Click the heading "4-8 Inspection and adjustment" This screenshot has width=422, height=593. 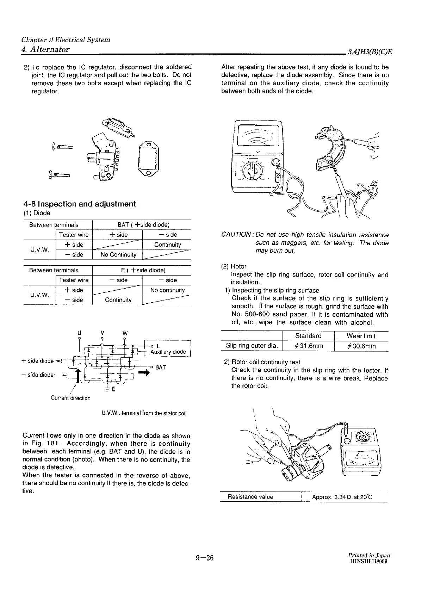pyautogui.click(x=79, y=204)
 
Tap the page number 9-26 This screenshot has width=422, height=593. pyautogui.click(x=205, y=558)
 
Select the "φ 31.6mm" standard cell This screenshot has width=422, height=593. pyautogui.click(x=309, y=346)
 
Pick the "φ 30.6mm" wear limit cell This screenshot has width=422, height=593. pyautogui.click(x=361, y=346)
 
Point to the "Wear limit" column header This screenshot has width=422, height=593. pyautogui.click(x=361, y=336)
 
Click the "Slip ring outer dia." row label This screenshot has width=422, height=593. pyautogui.click(x=252, y=346)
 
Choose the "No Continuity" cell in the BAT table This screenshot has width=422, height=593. pyautogui.click(x=118, y=254)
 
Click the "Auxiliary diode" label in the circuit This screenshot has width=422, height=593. pyautogui.click(x=168, y=352)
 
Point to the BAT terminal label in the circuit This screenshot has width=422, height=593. pyautogui.click(x=160, y=367)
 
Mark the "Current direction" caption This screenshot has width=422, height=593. pyautogui.click(x=70, y=398)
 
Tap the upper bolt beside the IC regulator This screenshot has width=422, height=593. pyautogui.click(x=62, y=147)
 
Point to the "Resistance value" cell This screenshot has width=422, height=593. pyautogui.click(x=250, y=497)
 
